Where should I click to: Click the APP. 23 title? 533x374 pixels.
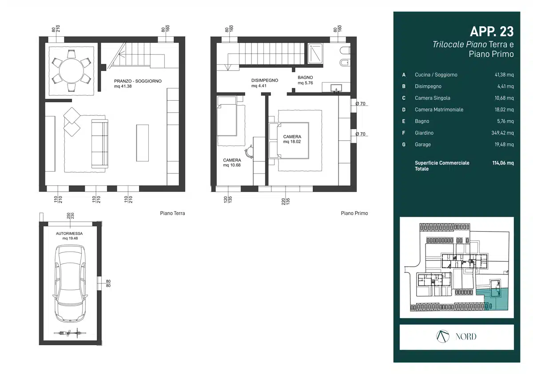(x=492, y=31)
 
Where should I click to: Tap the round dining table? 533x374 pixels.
(x=72, y=71)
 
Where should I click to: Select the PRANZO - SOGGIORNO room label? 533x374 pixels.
(x=138, y=81)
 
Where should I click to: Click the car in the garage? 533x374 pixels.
(x=70, y=283)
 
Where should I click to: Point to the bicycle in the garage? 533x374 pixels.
(x=70, y=333)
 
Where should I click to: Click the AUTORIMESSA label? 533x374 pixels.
(x=69, y=233)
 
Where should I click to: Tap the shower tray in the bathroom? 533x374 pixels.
(x=315, y=54)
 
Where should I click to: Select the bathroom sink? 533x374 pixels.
(x=336, y=88)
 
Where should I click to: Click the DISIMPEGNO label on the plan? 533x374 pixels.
(x=265, y=80)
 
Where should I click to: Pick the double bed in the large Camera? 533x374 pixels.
(x=289, y=140)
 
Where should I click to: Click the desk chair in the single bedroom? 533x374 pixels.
(x=249, y=151)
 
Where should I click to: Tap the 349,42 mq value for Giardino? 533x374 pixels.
(x=502, y=133)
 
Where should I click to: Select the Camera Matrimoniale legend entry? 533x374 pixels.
(x=439, y=110)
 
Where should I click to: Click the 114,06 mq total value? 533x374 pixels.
(x=503, y=163)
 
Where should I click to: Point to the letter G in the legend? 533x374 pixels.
(x=404, y=145)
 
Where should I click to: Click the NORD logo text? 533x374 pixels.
(x=466, y=337)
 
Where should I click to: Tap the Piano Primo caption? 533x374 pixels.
(x=354, y=213)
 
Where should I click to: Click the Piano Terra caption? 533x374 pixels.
(x=172, y=213)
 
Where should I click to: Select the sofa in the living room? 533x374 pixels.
(x=100, y=144)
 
